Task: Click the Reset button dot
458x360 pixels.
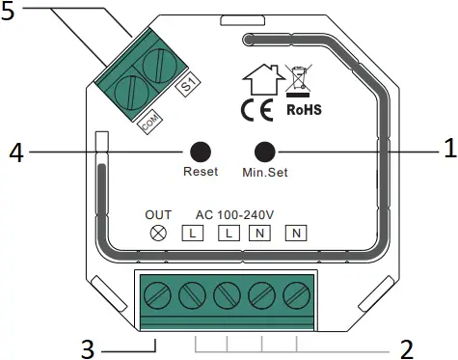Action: coord(200,152)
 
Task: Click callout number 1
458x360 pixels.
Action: coord(447,151)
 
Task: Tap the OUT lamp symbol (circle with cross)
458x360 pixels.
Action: coord(158,233)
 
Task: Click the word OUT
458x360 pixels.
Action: coord(158,213)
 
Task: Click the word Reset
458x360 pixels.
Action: coord(201,173)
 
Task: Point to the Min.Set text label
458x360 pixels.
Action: coord(264,174)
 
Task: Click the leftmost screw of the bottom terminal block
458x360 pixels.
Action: coord(154,292)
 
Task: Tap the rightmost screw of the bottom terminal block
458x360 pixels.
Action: coord(295,292)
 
